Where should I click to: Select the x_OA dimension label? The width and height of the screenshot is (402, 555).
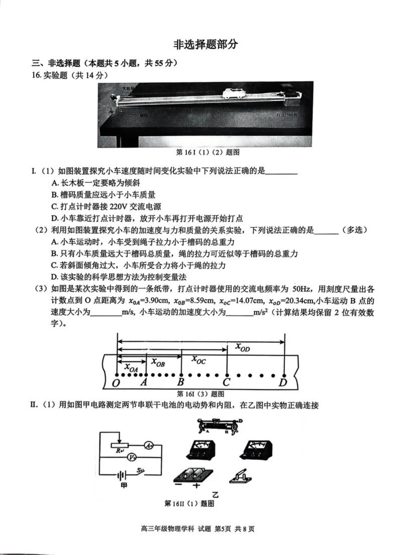tap(131, 368)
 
